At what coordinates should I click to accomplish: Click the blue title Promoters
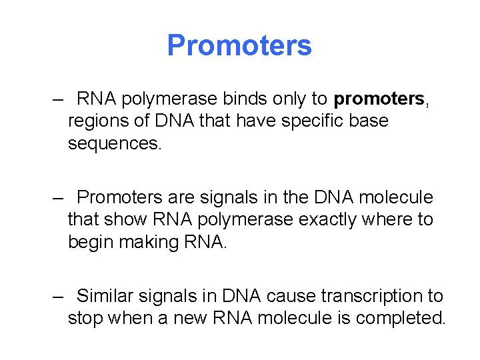(239, 45)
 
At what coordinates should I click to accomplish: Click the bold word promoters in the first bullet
(379, 99)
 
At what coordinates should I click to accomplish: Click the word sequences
(114, 144)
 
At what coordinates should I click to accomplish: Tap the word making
(151, 242)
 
